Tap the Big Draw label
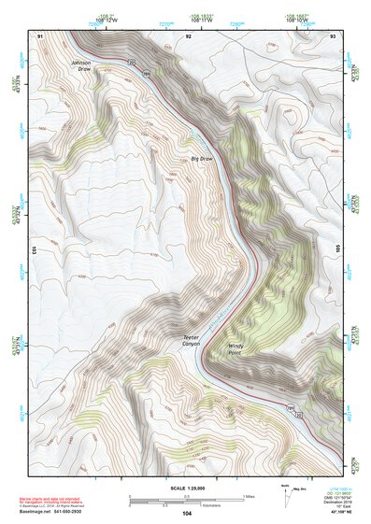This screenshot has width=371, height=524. tap(202, 160)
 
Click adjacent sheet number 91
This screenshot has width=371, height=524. tap(40, 35)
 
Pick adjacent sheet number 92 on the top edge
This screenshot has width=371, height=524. tap(188, 35)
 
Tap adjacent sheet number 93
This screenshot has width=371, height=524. tap(333, 35)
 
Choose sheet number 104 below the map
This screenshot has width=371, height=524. tap(187, 514)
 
